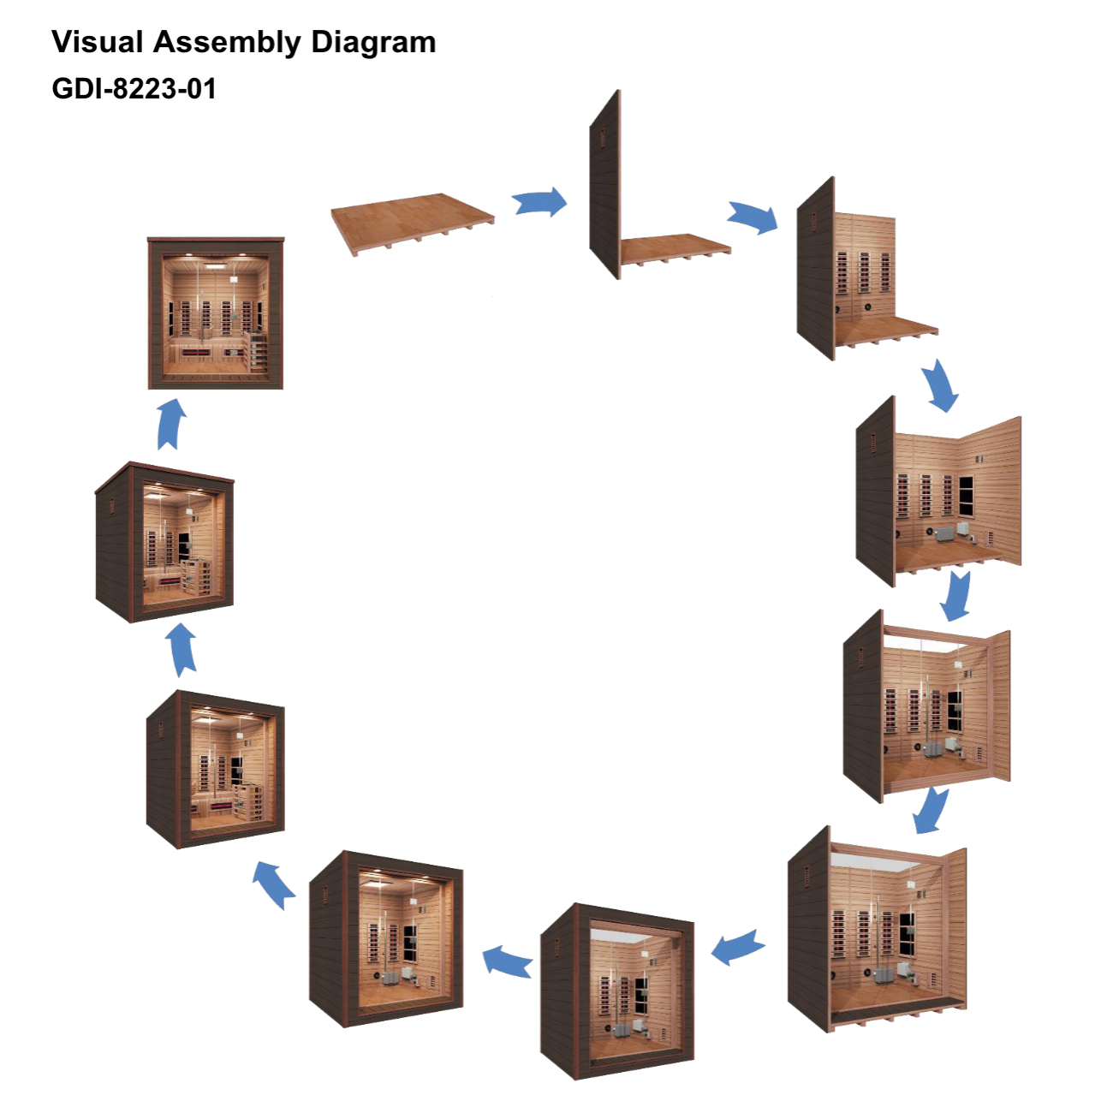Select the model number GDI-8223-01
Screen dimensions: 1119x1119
134,89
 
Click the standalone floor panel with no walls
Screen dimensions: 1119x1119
412,222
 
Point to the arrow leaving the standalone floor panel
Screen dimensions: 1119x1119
540,204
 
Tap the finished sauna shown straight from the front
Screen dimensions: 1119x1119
216,313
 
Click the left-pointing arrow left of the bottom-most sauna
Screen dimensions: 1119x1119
508,961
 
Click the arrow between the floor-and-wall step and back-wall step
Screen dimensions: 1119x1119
753,217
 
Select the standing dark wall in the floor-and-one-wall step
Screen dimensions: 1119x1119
605,184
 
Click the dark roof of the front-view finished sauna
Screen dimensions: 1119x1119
216,241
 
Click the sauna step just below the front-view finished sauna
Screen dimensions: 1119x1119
164,542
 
